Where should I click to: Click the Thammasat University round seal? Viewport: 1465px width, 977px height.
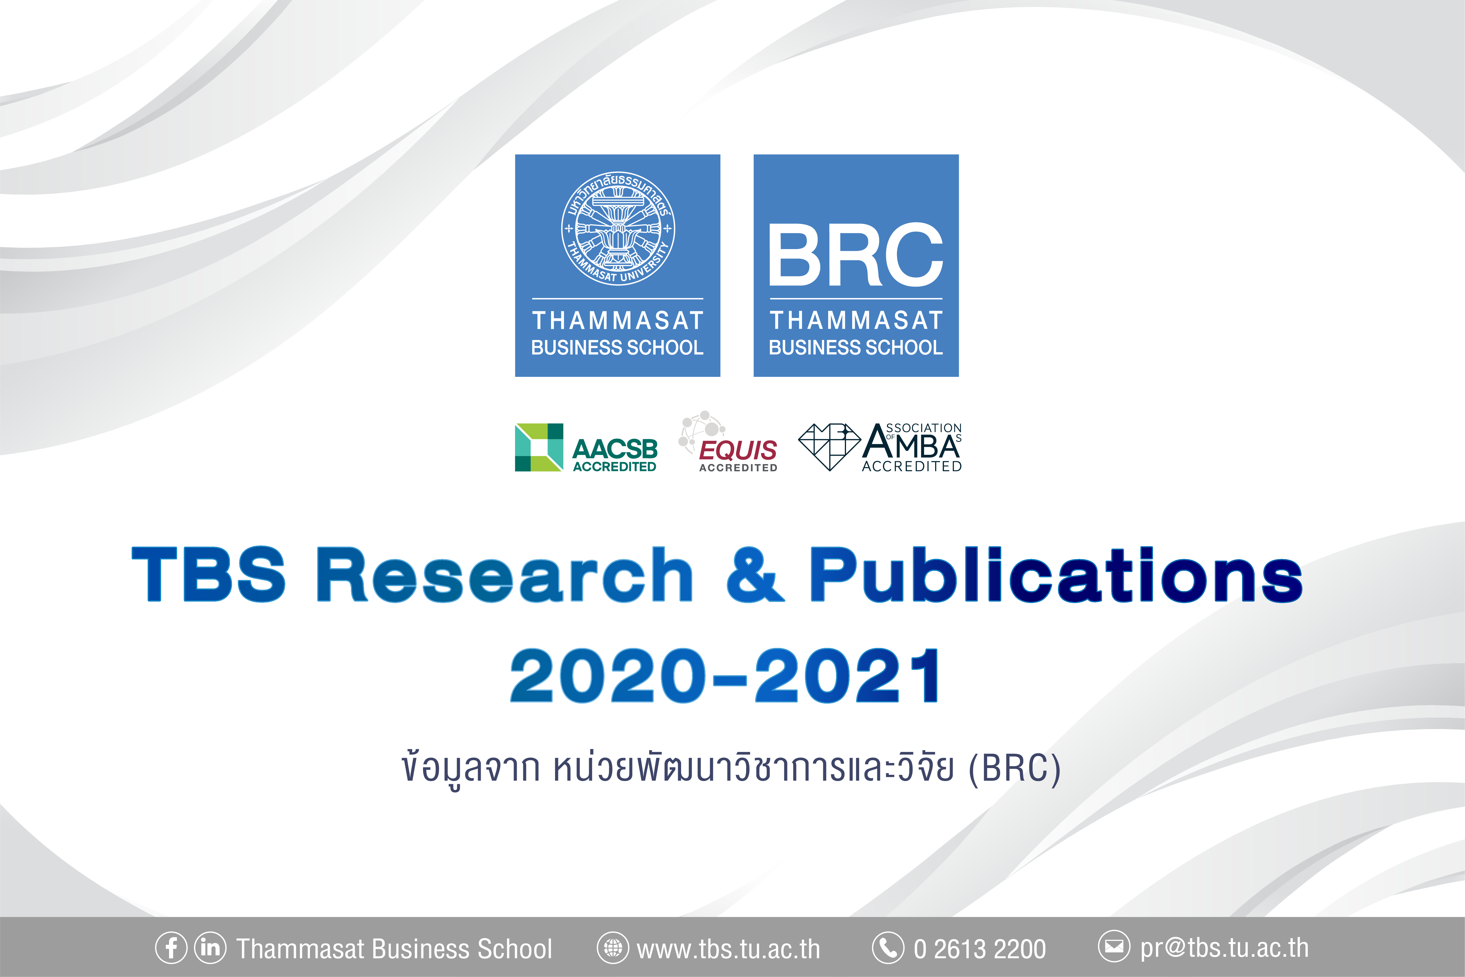[x=618, y=228]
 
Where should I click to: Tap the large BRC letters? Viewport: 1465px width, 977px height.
[x=856, y=255]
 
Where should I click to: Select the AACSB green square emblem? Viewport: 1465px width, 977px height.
[x=539, y=447]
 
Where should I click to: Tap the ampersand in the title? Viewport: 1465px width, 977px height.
[x=755, y=574]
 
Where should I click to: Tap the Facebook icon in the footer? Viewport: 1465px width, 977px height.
[x=171, y=948]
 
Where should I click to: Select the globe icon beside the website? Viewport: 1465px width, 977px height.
[x=613, y=948]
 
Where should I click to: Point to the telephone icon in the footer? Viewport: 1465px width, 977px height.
[x=888, y=948]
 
